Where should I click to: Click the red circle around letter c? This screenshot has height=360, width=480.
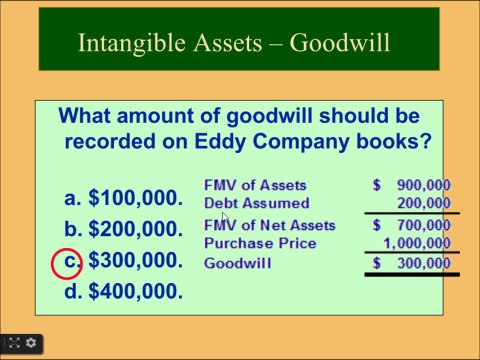tap(66, 261)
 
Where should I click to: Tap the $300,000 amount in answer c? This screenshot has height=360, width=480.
tap(135, 261)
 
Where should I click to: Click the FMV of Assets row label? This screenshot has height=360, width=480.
tap(255, 185)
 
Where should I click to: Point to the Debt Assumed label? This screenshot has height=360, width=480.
tap(257, 203)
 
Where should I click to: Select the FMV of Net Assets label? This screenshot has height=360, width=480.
tap(270, 225)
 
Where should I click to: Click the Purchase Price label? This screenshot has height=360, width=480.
tap(260, 243)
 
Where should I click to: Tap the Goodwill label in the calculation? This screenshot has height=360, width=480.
tap(236, 263)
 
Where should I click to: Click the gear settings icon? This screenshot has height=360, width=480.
tap(31, 343)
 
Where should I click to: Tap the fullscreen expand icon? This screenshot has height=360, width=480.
tap(11, 343)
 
